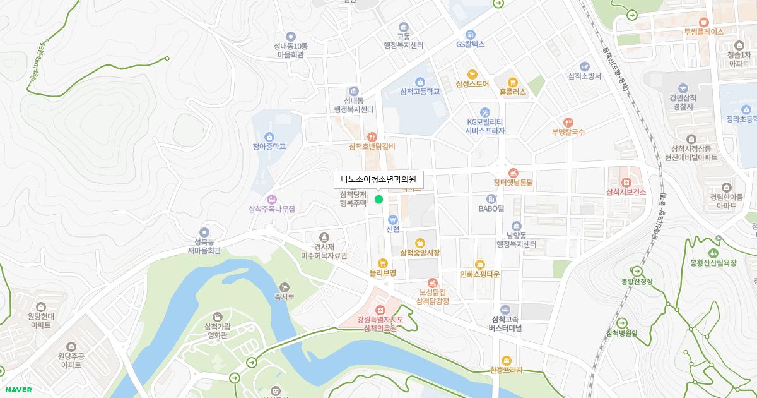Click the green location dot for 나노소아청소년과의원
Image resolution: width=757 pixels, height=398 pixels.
coord(378,200)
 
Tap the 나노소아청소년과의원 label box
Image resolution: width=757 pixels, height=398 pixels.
coord(378,180)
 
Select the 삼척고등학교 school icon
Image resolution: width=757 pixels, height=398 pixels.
coord(420,81)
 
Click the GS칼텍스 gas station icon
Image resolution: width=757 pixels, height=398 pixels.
coord(470,34)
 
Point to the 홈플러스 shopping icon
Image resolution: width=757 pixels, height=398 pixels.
coord(512,81)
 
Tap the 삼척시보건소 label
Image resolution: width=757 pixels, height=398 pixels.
coord(626,192)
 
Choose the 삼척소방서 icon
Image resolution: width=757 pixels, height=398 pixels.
coord(585,66)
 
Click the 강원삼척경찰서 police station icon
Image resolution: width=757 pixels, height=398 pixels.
coord(683,88)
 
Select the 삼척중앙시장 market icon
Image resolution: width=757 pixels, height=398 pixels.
coord(420,243)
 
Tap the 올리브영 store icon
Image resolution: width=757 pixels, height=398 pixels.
coord(382,263)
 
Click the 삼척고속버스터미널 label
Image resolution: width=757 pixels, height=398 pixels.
coord(505,323)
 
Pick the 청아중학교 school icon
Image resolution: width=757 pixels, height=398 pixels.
coord(269,136)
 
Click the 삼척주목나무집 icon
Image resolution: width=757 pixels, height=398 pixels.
coord(272,199)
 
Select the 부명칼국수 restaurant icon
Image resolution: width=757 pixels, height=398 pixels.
coord(568,122)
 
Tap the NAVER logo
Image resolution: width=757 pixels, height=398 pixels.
coord(18,390)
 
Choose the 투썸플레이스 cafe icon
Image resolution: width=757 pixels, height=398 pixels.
coord(703,22)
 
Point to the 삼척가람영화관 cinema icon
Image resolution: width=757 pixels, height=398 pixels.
coord(217,316)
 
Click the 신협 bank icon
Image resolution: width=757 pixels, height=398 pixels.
coord(392,219)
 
